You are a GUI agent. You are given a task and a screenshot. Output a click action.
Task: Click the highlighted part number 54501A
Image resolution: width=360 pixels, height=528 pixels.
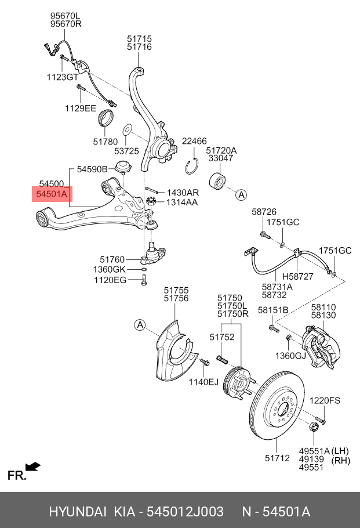point(52,194)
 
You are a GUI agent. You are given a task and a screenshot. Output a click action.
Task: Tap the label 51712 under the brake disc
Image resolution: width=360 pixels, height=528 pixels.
point(277,458)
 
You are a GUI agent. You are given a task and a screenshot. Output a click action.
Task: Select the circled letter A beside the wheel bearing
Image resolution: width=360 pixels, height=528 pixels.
point(241,194)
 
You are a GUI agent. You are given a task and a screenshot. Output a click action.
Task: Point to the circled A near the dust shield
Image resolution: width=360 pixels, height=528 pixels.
point(140,325)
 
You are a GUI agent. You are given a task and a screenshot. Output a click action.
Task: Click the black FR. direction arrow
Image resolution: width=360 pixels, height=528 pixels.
point(33,467)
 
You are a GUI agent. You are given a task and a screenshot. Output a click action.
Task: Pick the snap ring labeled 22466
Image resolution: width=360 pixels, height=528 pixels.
point(191,166)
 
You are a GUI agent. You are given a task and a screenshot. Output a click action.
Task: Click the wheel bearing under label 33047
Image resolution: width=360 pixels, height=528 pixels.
point(217,182)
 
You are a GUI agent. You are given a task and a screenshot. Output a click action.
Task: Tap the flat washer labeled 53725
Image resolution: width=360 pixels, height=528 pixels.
point(127,129)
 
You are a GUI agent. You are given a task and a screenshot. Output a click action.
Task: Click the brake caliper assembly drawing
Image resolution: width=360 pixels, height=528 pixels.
point(321,347)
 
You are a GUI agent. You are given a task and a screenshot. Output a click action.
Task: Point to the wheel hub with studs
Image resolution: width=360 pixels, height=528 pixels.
point(237,383)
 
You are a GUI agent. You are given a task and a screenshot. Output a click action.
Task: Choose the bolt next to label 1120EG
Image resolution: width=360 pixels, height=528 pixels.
point(144,280)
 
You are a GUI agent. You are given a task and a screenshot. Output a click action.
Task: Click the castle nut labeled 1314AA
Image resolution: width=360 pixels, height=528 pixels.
point(150,202)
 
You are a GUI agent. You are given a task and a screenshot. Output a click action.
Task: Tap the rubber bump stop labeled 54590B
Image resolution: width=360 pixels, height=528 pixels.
point(123,167)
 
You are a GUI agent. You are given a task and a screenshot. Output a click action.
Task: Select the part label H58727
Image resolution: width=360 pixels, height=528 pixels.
point(297,276)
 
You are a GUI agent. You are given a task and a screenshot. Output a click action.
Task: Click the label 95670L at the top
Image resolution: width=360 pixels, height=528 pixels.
point(66,16)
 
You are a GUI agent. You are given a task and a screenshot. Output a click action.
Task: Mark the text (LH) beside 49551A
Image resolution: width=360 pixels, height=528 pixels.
point(340,451)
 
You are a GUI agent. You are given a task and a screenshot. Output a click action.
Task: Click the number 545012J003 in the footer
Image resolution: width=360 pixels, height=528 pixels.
point(186,512)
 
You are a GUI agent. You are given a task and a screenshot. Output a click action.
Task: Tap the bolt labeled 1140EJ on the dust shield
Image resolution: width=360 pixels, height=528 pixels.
point(205,362)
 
